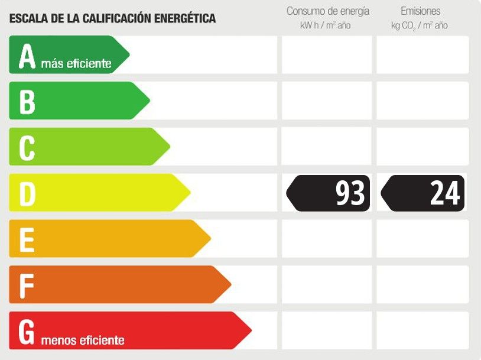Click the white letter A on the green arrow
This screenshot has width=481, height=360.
coord(28,56)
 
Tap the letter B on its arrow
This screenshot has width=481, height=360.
coord(27,102)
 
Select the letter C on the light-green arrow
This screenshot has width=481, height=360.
coord(27,148)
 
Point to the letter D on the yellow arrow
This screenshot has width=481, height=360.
coord(28,193)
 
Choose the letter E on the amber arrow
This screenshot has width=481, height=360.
coord(27,239)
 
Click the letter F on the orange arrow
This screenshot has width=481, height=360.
coord(26,286)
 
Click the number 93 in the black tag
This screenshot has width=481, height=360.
coord(350,193)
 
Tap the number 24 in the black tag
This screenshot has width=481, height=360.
coord(445,193)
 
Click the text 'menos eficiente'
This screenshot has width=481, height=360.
coord(83,340)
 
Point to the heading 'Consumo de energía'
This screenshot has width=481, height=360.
coord(328,11)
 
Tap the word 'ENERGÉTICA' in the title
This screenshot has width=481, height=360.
coord(185,19)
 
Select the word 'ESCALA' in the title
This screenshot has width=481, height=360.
coord(27,19)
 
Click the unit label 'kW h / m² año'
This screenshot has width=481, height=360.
coord(326,26)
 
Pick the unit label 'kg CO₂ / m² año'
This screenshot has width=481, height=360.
coord(419,26)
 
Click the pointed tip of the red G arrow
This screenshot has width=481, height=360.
coord(251,330)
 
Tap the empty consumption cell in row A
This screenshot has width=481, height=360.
coord(327,55)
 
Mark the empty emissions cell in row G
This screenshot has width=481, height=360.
coord(422,330)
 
